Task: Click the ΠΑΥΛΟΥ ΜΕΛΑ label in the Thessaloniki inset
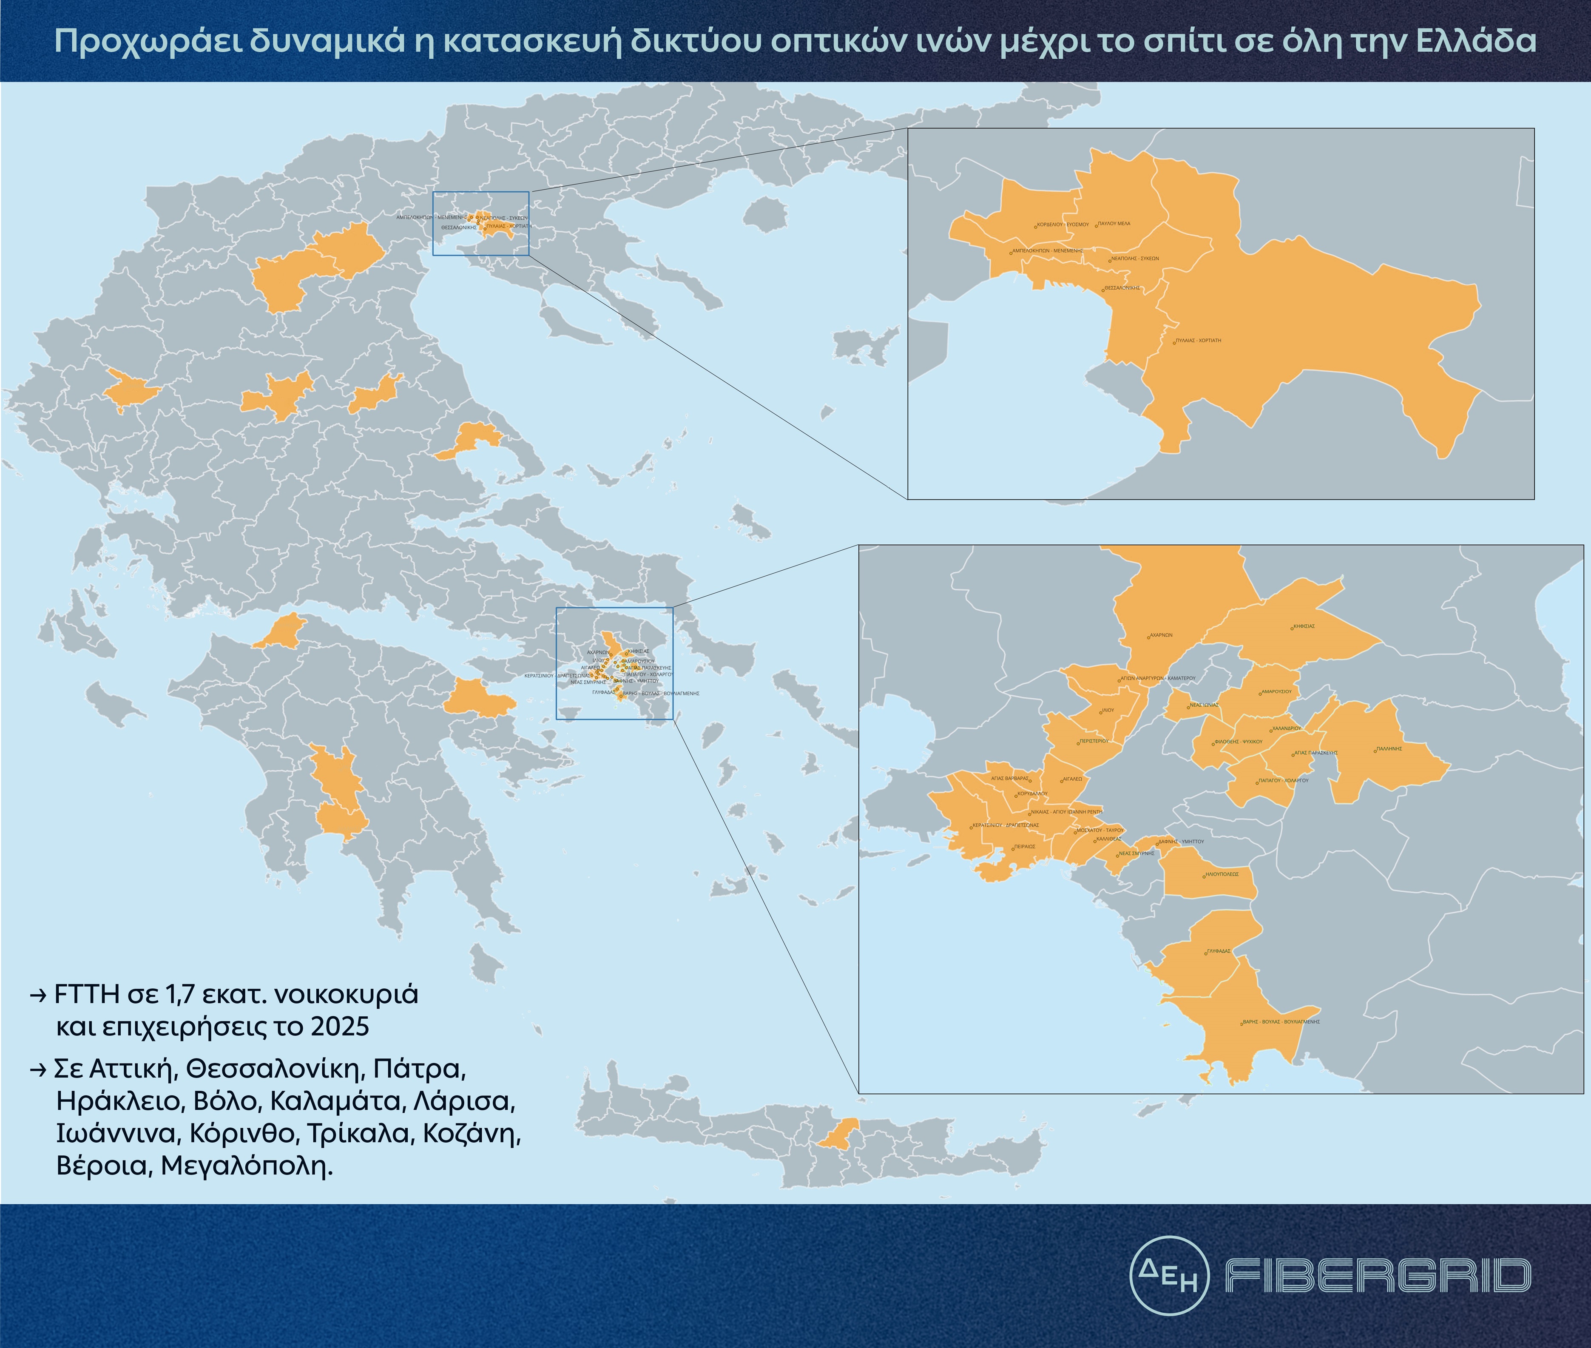[x=1114, y=224]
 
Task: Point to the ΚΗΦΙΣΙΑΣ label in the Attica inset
[x=1304, y=626]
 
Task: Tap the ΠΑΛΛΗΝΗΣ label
[x=1389, y=749]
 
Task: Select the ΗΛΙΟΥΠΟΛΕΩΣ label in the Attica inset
[x=1221, y=873]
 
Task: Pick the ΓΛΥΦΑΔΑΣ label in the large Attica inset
[x=1219, y=951]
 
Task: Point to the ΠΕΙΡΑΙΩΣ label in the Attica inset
[x=1025, y=847]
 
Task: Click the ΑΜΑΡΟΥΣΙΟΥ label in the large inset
[x=1276, y=691]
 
